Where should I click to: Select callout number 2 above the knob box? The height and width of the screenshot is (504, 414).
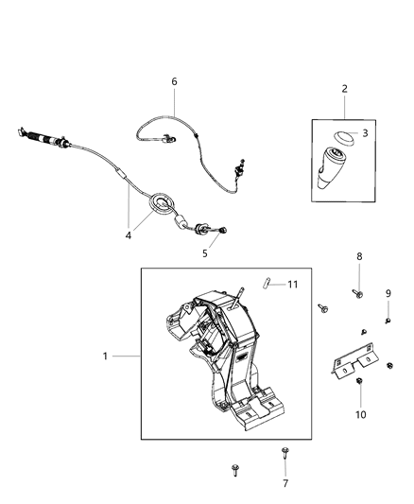tap(344, 89)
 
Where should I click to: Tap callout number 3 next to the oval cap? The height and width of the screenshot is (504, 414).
tap(365, 133)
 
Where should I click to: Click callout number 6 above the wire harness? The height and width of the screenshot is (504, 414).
tap(174, 82)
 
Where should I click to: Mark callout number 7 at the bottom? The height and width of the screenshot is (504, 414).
tap(285, 483)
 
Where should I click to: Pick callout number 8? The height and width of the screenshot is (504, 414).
tap(358, 256)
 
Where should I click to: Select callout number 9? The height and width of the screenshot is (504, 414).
tap(388, 293)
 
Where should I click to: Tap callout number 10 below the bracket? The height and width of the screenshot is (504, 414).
tap(360, 414)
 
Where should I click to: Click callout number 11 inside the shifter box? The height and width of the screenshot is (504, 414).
tap(293, 284)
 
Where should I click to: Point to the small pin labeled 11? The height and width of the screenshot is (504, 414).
tap(269, 281)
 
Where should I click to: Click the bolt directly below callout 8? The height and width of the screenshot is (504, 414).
tap(359, 295)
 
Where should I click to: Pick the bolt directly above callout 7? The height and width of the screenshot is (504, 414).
tap(285, 454)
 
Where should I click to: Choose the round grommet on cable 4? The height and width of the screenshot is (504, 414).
tap(164, 202)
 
